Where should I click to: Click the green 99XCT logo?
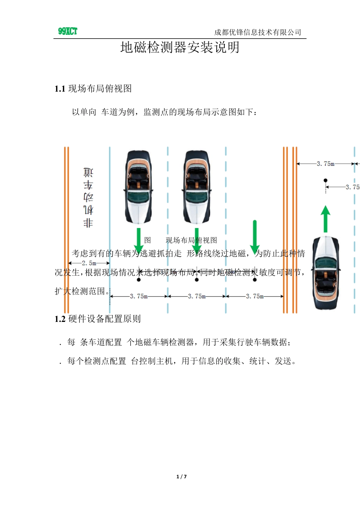pos(68,31)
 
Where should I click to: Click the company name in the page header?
pos(258,33)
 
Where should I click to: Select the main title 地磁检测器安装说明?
pos(180,48)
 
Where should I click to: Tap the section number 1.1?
pos(60,89)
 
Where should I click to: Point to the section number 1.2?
pos(60,319)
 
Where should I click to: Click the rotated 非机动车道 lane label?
pos(88,197)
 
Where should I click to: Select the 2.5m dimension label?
pos(89,263)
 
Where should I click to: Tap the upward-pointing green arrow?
pos(326,219)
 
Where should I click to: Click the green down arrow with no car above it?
pos(255,237)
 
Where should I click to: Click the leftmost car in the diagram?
pos(139,187)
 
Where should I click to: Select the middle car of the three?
pos(197,187)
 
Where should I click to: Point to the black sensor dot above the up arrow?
pos(326,181)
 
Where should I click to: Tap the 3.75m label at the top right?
pos(326,164)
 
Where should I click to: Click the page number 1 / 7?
pos(182,476)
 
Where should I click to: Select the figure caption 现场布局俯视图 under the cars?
pos(191,240)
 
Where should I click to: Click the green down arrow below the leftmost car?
pos(139,240)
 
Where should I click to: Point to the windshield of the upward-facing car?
pos(326,263)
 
